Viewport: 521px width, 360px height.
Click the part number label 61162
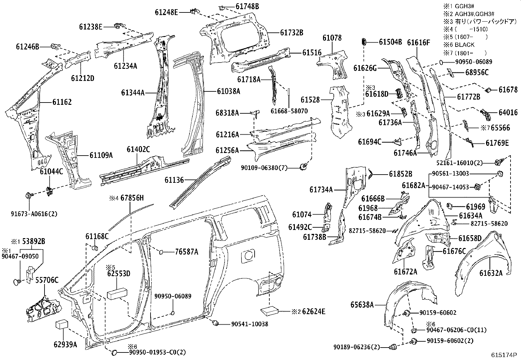(x=62, y=102)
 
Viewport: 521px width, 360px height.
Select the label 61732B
(x=291, y=32)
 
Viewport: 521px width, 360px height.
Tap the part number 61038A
(x=228, y=91)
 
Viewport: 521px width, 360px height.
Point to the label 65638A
(x=362, y=305)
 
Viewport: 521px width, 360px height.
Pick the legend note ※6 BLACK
(x=459, y=45)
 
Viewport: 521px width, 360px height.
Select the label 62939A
(x=65, y=344)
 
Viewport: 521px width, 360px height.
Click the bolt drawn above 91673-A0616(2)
(x=28, y=196)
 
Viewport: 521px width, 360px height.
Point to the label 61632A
(x=491, y=273)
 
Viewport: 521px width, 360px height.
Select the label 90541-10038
(x=249, y=324)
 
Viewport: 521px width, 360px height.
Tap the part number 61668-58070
(x=289, y=111)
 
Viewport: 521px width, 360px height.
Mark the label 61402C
(x=138, y=150)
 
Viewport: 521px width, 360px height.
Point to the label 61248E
(x=166, y=12)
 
